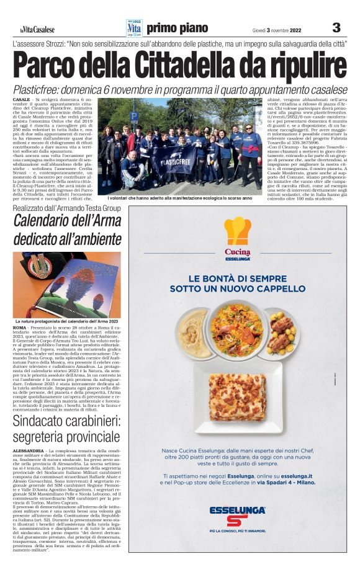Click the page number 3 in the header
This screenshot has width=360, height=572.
coord(336,28)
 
